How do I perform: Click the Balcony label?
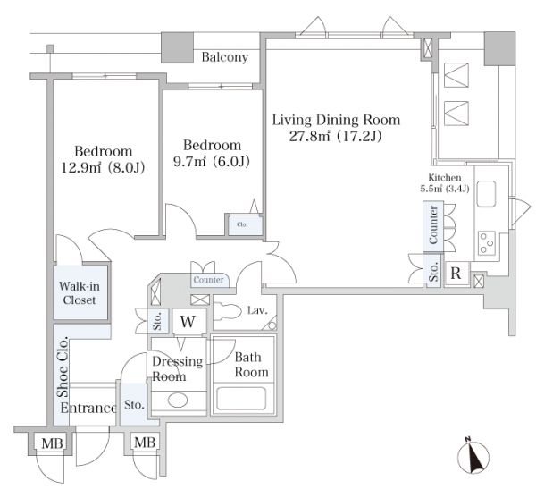click(x=225, y=57)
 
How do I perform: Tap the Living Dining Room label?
click(x=336, y=120)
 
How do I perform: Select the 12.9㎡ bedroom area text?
click(x=103, y=167)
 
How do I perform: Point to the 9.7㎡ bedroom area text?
click(x=211, y=161)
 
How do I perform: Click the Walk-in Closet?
click(x=80, y=292)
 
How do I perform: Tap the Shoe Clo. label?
click(x=63, y=367)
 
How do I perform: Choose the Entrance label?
click(x=88, y=408)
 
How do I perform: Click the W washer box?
click(x=188, y=322)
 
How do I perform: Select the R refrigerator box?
click(x=456, y=274)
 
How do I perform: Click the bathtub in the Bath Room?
click(x=241, y=399)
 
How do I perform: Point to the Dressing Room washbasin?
click(x=178, y=401)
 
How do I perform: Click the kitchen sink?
click(x=487, y=194)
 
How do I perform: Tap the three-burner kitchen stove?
click(x=487, y=243)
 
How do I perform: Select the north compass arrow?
click(x=473, y=456)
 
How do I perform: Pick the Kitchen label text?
click(x=445, y=178)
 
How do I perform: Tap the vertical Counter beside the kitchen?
click(x=433, y=227)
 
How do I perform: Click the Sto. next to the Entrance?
click(x=134, y=405)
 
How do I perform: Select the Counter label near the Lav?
click(x=208, y=280)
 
